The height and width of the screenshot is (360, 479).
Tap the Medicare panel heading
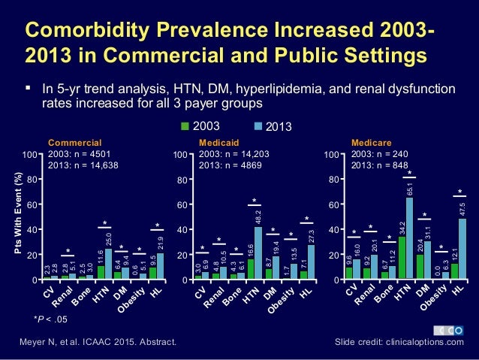point(368,141)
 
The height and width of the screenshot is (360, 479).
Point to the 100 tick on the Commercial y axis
point(31,155)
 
